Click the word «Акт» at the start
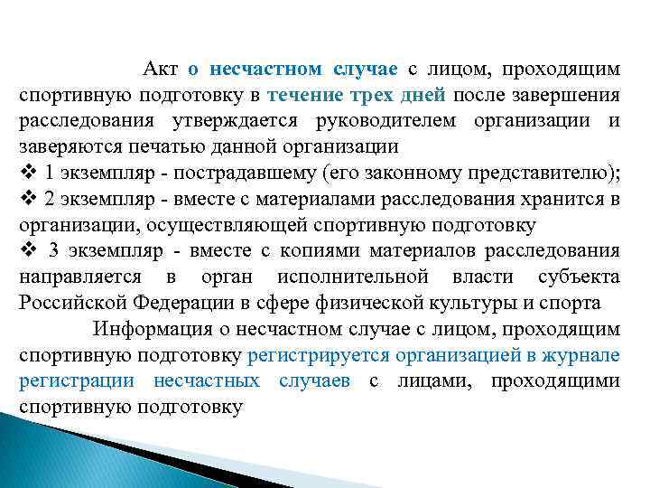pos(161,70)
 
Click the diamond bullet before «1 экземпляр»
pos(25,174)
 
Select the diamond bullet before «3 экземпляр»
pos(26,250)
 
